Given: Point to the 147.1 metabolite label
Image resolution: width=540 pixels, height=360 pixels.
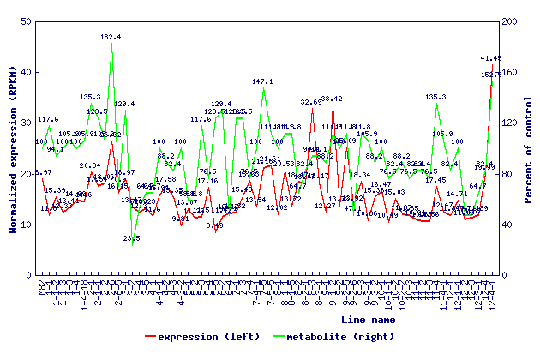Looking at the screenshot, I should tap(262, 81).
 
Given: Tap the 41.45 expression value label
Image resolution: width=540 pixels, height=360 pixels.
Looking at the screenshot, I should tap(491, 58).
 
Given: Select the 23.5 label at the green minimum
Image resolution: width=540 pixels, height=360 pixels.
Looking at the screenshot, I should tap(132, 238).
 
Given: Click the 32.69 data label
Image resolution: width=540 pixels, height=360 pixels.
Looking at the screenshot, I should tap(311, 102).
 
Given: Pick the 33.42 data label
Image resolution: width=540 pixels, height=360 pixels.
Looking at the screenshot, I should tap(332, 99).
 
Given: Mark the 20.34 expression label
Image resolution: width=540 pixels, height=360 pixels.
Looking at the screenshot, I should tap(90, 165).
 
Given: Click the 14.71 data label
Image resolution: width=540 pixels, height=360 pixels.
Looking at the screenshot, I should tap(457, 194).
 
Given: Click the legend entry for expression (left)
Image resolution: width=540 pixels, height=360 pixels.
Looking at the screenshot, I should tap(202, 337).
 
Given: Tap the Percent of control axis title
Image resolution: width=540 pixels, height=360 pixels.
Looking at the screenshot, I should tap(529, 148).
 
